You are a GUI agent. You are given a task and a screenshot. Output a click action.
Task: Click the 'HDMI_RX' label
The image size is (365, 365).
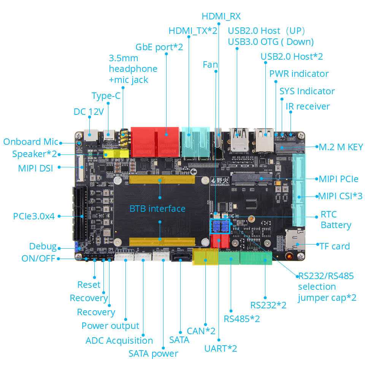(221, 16)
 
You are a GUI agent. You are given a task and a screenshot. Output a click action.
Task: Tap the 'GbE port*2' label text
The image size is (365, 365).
(159, 47)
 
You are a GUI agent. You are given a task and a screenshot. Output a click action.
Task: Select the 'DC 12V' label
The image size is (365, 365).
(89, 112)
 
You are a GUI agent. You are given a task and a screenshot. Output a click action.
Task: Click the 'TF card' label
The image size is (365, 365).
(335, 246)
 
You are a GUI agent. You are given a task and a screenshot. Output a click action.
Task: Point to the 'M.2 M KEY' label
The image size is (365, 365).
(341, 147)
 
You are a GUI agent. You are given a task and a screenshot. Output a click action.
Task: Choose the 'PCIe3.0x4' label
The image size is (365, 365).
(34, 216)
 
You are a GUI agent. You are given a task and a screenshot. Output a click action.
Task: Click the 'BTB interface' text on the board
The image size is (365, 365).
(157, 208)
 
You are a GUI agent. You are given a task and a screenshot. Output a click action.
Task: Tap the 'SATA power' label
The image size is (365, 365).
(153, 354)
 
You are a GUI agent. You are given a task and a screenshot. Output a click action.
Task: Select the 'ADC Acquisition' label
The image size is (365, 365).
(119, 341)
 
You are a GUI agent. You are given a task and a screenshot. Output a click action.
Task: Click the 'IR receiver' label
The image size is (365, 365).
(308, 106)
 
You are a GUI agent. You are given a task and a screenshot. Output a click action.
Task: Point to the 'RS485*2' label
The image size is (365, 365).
(241, 319)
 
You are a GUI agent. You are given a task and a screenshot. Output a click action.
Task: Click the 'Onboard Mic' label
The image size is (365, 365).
(30, 142)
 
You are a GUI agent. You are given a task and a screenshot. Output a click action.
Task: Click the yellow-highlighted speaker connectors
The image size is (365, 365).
(116, 154)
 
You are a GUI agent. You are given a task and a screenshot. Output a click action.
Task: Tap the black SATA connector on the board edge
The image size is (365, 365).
(178, 257)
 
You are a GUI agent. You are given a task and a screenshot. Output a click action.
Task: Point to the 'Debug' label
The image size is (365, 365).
(43, 246)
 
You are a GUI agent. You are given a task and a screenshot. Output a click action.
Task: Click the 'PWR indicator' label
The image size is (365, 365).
(299, 73)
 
